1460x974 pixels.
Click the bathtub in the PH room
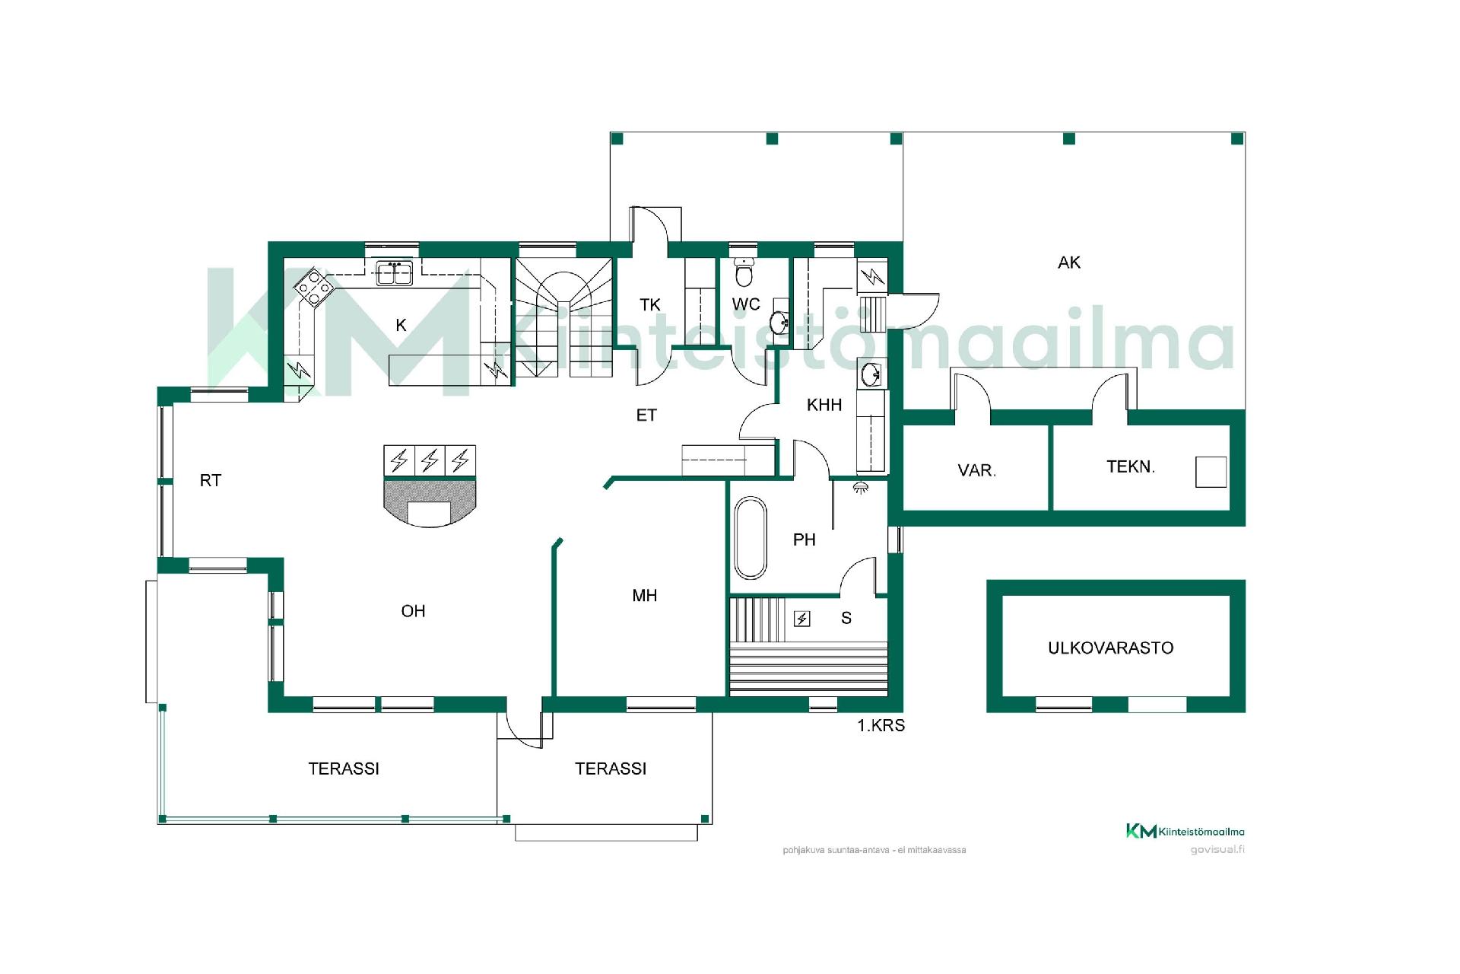tap(751, 538)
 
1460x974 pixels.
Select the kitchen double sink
tap(395, 273)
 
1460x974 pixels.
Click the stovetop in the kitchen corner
tap(314, 287)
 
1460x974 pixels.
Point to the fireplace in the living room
tap(430, 486)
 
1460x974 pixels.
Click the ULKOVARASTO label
tap(1111, 648)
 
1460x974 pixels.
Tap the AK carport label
tap(1069, 263)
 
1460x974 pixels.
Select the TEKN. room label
tap(1131, 466)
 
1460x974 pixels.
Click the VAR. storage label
tap(977, 470)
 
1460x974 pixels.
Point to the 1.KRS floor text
tap(881, 726)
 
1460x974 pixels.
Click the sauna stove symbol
tap(802, 619)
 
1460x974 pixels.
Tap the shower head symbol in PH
tap(861, 487)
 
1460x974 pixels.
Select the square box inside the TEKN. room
tap(1211, 472)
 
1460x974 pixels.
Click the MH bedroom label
tap(645, 596)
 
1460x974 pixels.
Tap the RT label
tap(211, 481)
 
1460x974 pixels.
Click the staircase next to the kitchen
tap(564, 317)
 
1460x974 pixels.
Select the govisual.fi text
tap(1217, 850)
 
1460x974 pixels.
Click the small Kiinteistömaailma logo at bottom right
tap(1185, 831)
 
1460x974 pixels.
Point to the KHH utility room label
tap(824, 405)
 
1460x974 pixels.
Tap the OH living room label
tap(413, 611)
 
